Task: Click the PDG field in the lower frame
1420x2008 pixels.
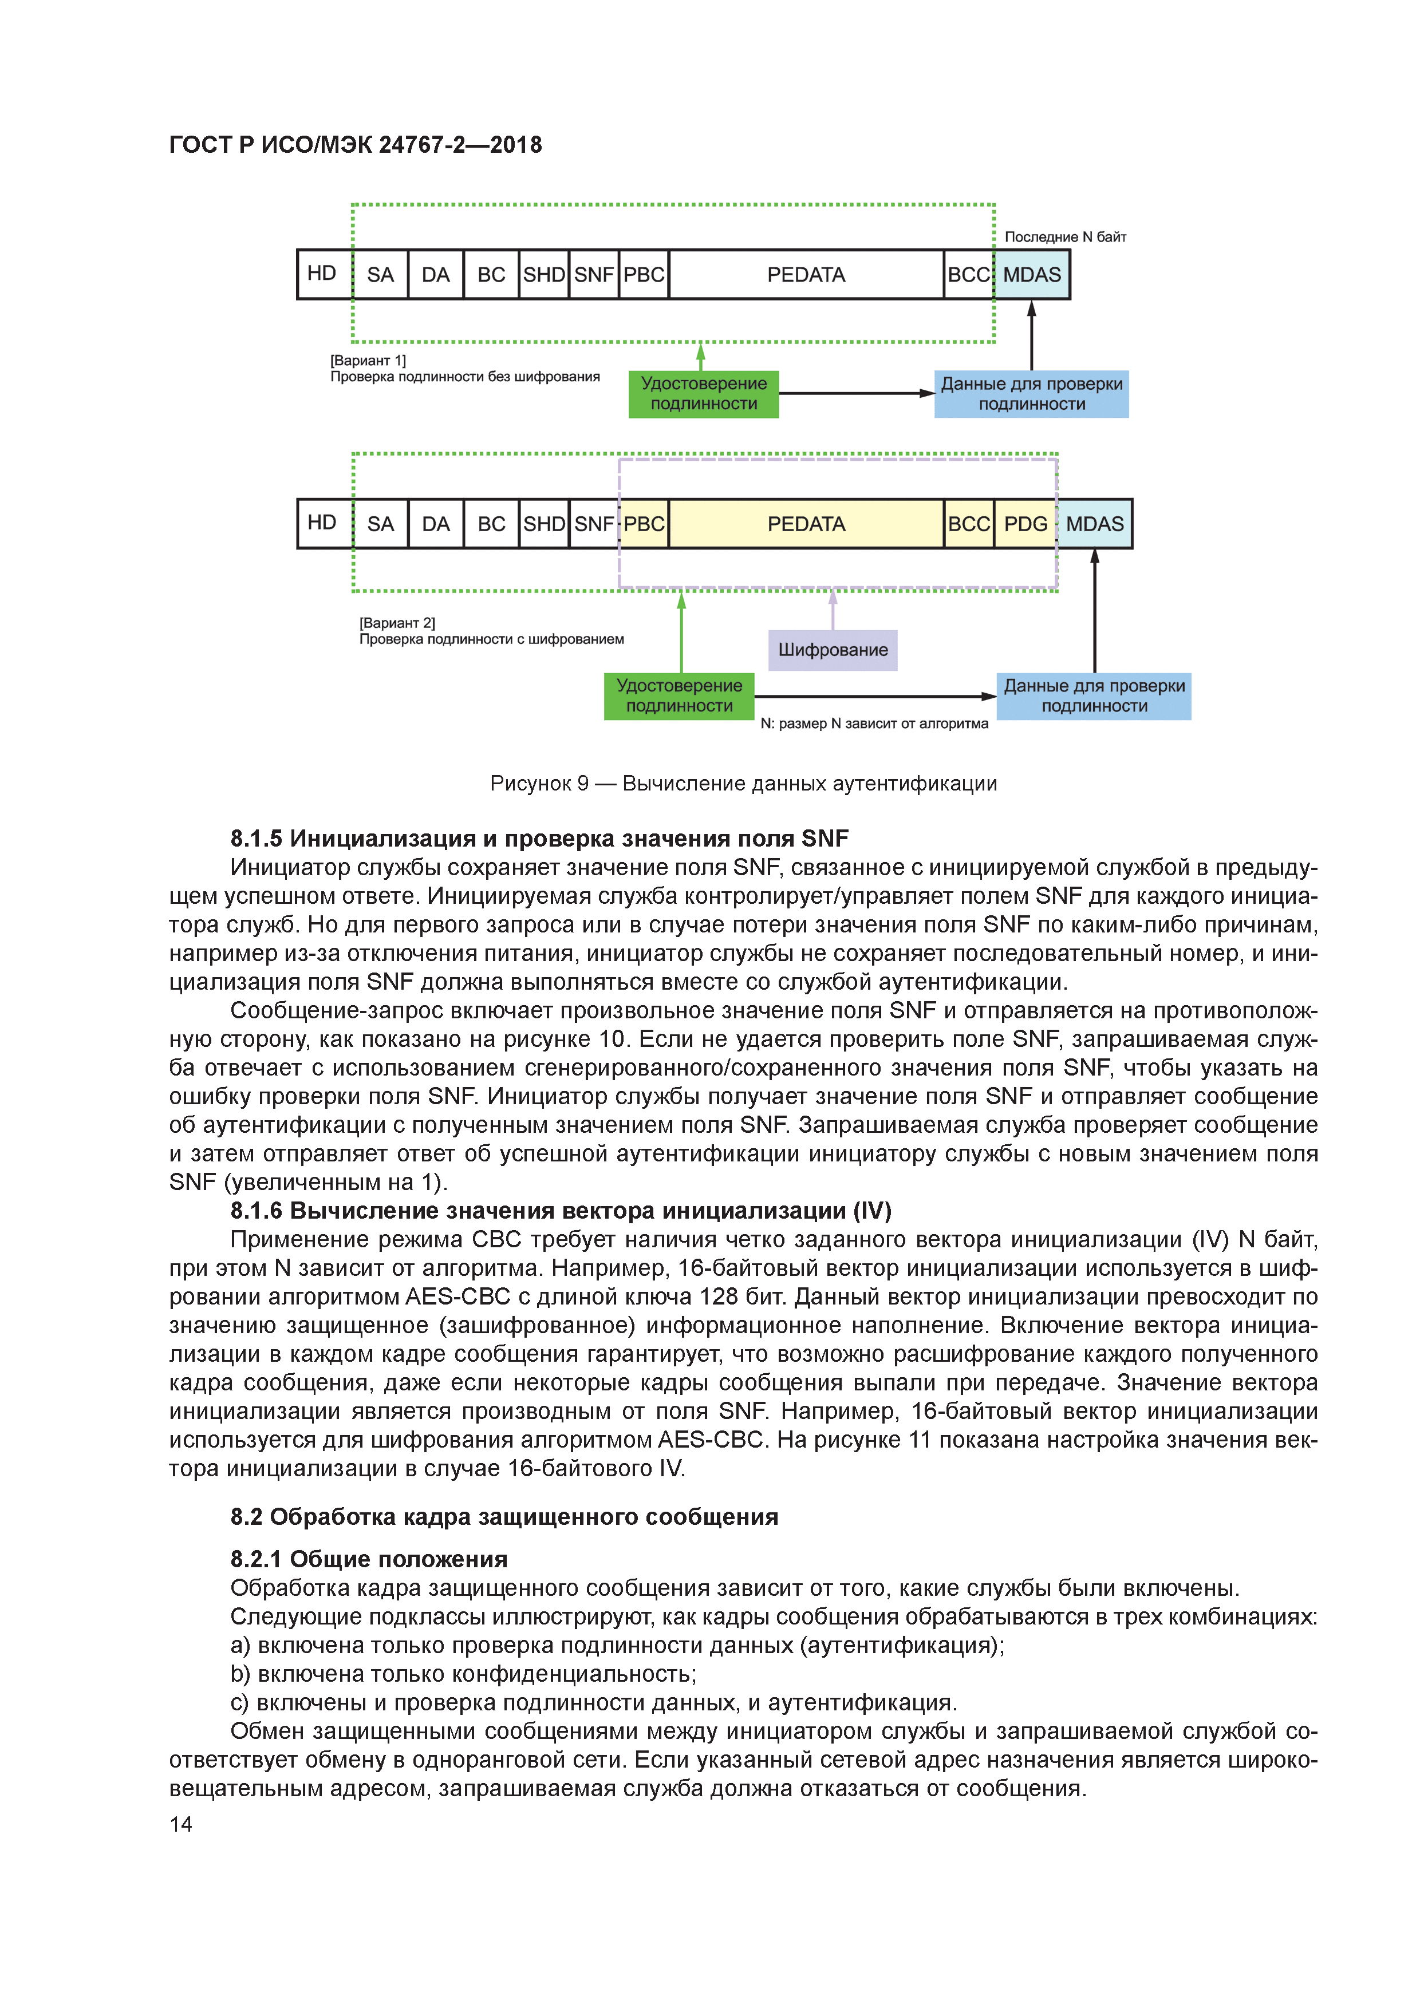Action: click(x=1024, y=524)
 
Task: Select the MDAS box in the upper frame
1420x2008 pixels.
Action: click(x=1032, y=275)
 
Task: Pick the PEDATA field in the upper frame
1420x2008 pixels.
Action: click(x=806, y=275)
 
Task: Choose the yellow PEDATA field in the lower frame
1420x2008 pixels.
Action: click(x=806, y=524)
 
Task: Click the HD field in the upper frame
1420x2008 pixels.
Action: click(x=322, y=274)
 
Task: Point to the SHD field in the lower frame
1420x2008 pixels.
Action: click(x=543, y=524)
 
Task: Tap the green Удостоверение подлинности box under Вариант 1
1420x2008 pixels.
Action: click(x=704, y=394)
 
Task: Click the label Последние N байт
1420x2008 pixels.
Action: click(x=1065, y=237)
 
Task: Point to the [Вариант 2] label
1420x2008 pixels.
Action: click(x=397, y=623)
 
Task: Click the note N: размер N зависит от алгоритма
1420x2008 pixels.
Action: click(x=874, y=724)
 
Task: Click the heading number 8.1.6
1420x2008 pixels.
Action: click(x=257, y=1211)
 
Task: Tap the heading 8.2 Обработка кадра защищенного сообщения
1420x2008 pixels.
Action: click(x=504, y=1516)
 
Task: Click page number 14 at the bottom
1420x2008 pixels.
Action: click(x=181, y=1824)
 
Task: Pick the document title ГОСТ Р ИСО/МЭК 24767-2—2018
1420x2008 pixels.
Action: click(x=355, y=145)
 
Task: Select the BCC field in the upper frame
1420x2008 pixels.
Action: click(x=969, y=275)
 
